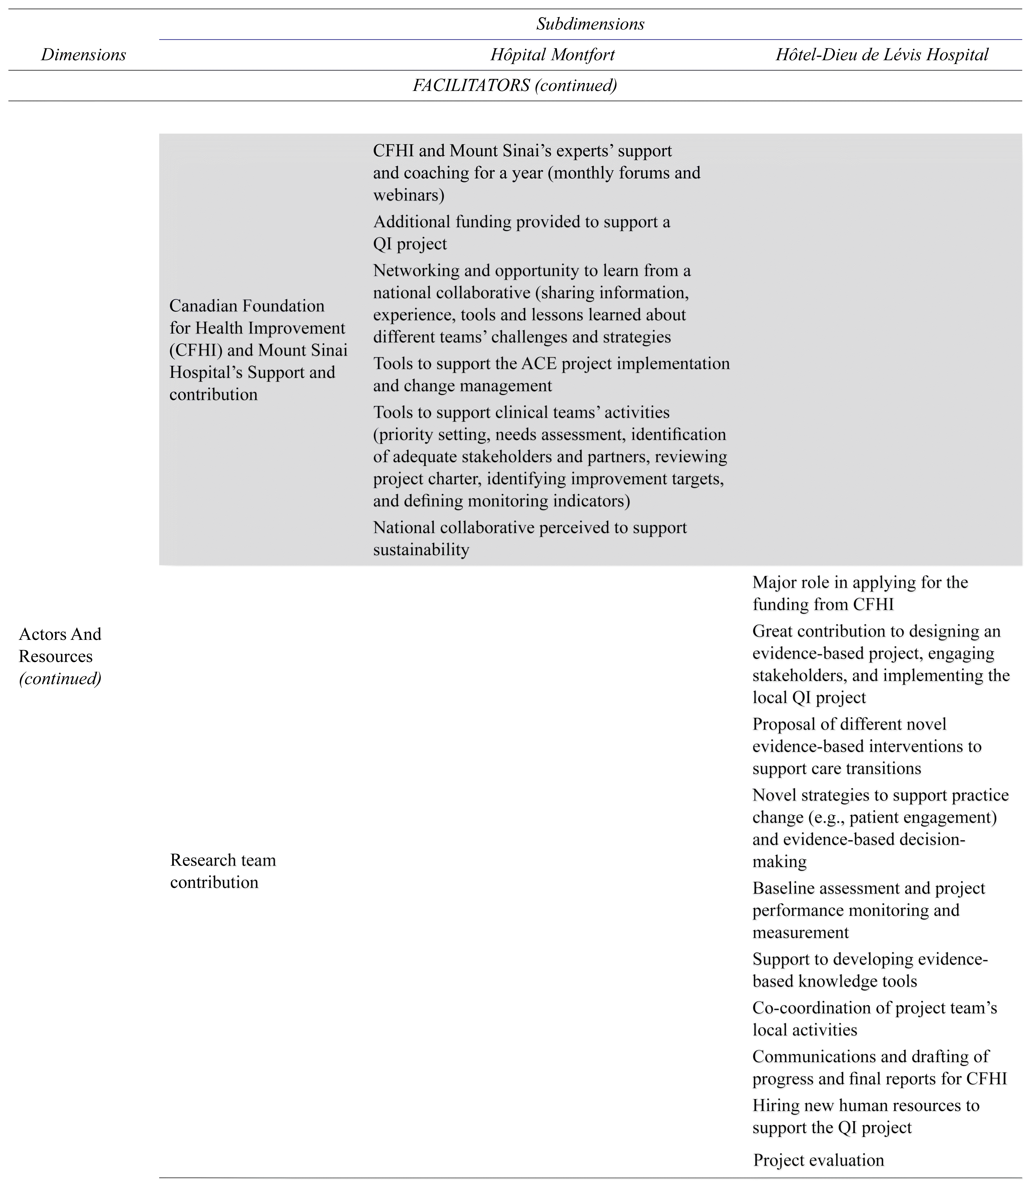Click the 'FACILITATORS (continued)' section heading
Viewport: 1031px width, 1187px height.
click(515, 86)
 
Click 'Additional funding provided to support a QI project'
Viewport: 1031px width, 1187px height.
click(521, 233)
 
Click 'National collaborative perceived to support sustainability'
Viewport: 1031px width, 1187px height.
click(529, 539)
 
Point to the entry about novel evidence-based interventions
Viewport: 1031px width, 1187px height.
click(866, 747)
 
